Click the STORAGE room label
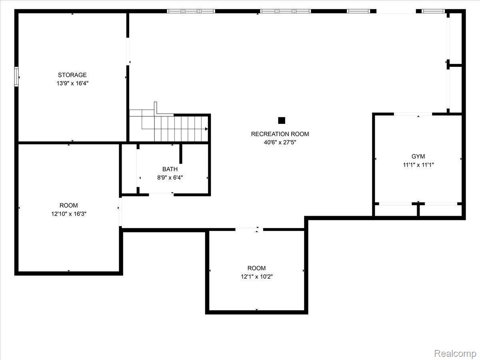point(72,75)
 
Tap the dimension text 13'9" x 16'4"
point(72,83)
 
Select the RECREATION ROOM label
point(280,134)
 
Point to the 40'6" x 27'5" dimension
point(280,142)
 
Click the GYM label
point(418,156)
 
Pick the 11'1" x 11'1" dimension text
point(418,165)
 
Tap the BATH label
point(170,169)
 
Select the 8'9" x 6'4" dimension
point(170,178)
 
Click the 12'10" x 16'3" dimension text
point(69,214)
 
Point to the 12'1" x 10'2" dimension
point(257,277)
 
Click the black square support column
point(282,120)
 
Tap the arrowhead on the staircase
point(206,129)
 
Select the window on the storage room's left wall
point(16,77)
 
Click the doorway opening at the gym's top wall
point(413,114)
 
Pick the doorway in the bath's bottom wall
point(161,194)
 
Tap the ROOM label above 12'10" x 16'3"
point(69,206)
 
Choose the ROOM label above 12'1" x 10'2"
point(256,268)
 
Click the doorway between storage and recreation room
point(128,51)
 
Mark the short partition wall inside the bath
point(181,154)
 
